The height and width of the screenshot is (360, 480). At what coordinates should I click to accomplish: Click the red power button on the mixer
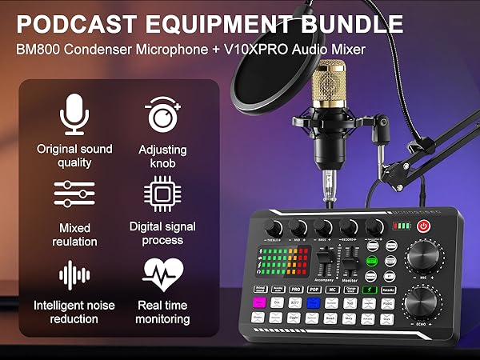(423, 226)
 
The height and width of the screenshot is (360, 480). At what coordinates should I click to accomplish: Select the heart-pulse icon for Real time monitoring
(162, 273)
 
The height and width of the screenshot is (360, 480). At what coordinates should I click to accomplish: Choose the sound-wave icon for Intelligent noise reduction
(74, 274)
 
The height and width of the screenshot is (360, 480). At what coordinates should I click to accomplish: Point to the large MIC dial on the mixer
(422, 262)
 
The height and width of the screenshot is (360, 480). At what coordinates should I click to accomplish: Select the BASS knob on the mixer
(325, 226)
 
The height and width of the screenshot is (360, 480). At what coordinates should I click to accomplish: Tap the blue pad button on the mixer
(314, 302)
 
